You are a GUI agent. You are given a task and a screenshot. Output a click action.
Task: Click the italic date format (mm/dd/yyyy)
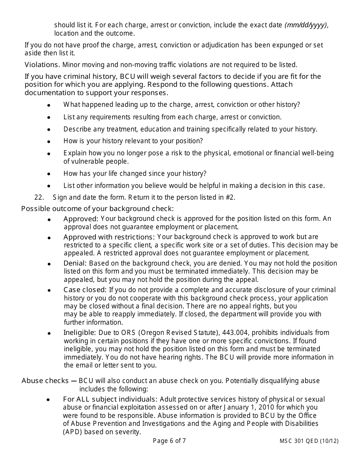pyautogui.click(x=306, y=25)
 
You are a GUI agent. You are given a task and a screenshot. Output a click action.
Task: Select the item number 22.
pyautogui.click(x=39, y=197)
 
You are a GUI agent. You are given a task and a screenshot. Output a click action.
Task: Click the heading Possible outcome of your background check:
pyautogui.click(x=97, y=208)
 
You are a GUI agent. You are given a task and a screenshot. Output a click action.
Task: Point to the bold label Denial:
pyautogui.click(x=75, y=263)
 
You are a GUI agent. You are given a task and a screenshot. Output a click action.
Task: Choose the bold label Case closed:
pyautogui.click(x=85, y=290)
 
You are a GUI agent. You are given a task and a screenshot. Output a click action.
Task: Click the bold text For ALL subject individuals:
pyautogui.click(x=110, y=399)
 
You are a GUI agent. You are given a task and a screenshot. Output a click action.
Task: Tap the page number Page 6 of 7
pyautogui.click(x=169, y=441)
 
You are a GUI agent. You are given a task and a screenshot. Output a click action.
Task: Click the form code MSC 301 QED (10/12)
pyautogui.click(x=309, y=441)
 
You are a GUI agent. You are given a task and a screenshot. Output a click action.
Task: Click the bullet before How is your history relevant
pyautogui.click(x=49, y=141)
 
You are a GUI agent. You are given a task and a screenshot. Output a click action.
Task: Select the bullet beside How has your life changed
pyautogui.click(x=49, y=174)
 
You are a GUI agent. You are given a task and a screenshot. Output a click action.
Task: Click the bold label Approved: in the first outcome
pyautogui.click(x=81, y=219)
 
